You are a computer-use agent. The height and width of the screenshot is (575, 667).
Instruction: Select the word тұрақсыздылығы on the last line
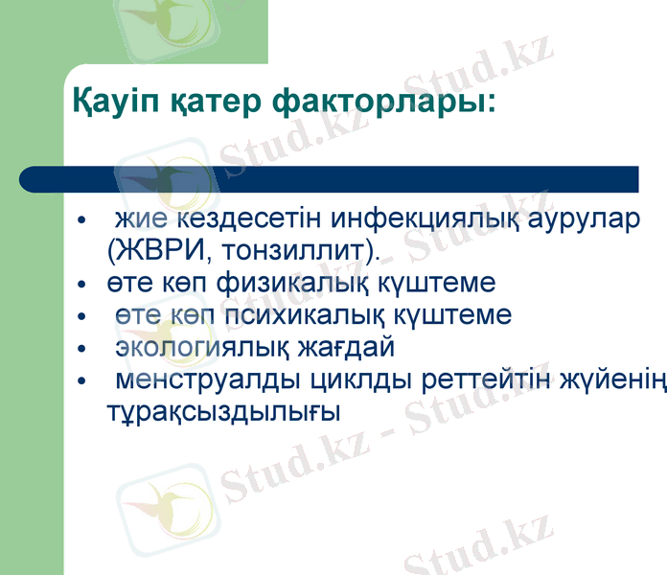pos(224,411)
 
